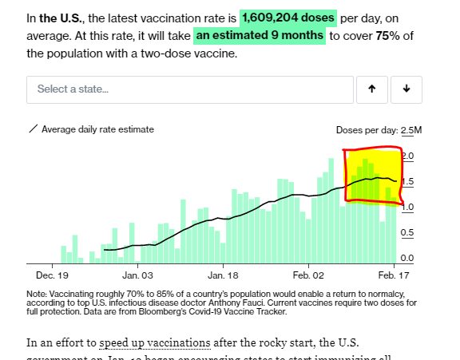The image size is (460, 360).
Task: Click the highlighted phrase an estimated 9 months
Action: (x=260, y=36)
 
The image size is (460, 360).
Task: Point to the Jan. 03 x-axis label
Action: (x=137, y=275)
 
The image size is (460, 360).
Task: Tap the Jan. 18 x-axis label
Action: (x=222, y=275)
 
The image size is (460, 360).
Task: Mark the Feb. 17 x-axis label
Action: (x=394, y=275)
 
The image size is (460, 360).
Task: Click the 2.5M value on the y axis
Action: (x=411, y=130)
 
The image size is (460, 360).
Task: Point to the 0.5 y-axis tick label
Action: (x=406, y=233)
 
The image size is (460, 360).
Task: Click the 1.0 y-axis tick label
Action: (x=406, y=208)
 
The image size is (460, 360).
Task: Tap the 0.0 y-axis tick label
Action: (x=406, y=259)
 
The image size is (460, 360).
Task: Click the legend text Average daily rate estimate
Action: (x=97, y=129)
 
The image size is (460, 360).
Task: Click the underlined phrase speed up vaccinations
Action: (x=155, y=343)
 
